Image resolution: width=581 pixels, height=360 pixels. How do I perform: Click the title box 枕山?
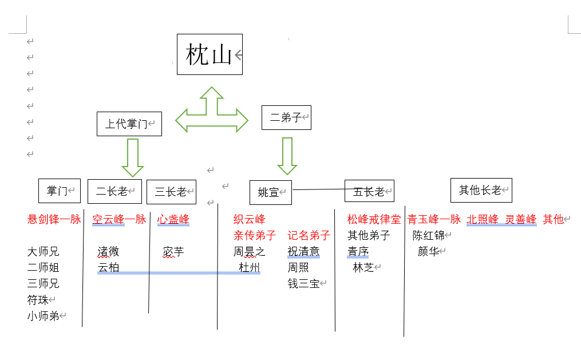point(210,54)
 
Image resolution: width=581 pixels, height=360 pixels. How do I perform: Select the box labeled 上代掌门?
point(129,124)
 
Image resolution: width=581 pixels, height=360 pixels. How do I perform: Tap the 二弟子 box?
point(286,117)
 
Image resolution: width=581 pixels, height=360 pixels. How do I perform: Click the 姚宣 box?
point(270,192)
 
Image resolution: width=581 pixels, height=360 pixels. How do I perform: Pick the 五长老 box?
point(369,191)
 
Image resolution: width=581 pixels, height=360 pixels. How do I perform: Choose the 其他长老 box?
point(481,190)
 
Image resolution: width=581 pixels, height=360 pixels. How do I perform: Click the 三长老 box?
point(171,192)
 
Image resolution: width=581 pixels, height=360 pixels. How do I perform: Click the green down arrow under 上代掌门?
point(133,157)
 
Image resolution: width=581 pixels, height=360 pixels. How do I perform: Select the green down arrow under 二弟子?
point(287,156)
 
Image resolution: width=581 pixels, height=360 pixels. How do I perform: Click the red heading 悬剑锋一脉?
point(54,219)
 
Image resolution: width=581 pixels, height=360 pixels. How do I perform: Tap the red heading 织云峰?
point(250,219)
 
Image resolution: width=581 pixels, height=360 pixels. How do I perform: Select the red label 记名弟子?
point(309,235)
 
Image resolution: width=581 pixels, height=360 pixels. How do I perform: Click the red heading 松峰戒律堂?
point(374,219)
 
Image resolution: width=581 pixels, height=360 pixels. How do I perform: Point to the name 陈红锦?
point(429,235)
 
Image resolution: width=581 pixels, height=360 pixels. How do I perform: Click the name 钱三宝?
point(304,283)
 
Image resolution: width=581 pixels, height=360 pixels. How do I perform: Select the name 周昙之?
point(250,252)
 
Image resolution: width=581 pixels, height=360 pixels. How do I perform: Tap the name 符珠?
point(38,299)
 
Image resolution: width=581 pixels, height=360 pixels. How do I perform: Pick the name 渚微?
point(108,252)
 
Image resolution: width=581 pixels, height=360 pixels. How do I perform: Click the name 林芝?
point(363,267)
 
